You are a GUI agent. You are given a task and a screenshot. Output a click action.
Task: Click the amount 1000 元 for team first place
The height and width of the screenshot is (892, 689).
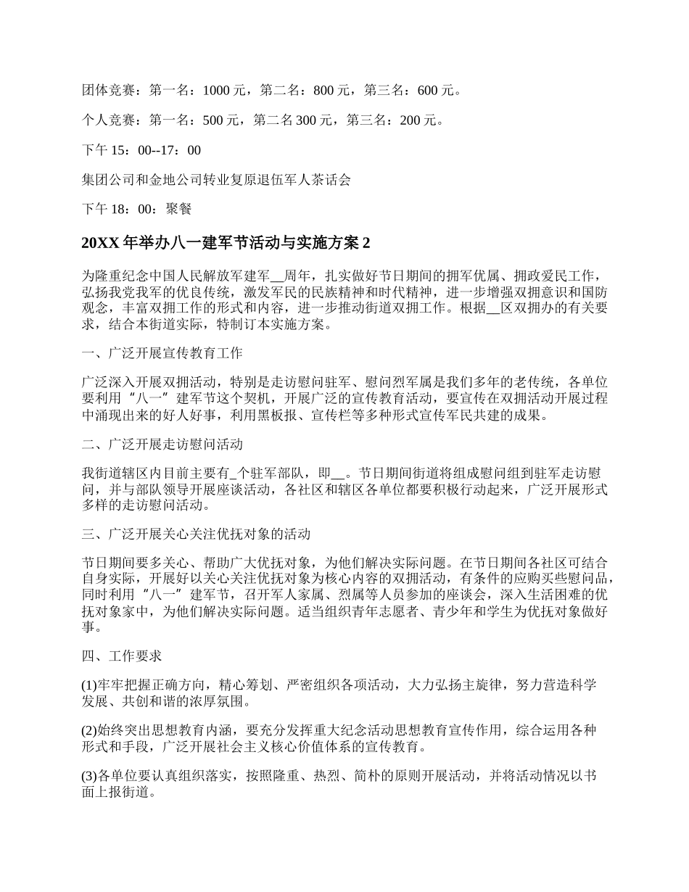pyautogui.click(x=226, y=91)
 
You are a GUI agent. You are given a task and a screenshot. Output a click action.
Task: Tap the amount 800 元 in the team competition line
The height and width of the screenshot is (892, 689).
pyautogui.click(x=332, y=91)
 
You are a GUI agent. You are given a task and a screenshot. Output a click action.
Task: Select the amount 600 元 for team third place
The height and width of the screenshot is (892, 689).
pyautogui.click(x=438, y=91)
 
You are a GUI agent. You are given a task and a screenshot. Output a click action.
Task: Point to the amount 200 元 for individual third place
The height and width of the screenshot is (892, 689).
pyautogui.click(x=421, y=120)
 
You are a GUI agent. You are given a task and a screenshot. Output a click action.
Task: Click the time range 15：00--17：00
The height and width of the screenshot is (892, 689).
pyautogui.click(x=154, y=150)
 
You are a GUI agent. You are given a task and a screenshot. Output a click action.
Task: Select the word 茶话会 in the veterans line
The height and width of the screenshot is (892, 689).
pyautogui.click(x=332, y=180)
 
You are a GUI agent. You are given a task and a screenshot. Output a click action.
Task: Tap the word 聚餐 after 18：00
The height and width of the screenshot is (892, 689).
pyautogui.click(x=178, y=210)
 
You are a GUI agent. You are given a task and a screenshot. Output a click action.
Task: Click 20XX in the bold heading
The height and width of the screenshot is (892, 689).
pyautogui.click(x=101, y=243)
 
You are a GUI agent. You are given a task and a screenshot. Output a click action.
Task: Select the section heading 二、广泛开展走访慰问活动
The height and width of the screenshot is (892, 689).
pyautogui.click(x=163, y=444)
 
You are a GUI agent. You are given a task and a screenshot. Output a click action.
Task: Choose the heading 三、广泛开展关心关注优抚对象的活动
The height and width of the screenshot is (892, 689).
pyautogui.click(x=197, y=534)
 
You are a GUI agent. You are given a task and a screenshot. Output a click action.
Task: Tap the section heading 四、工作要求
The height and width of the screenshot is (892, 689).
pyautogui.click(x=116, y=656)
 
